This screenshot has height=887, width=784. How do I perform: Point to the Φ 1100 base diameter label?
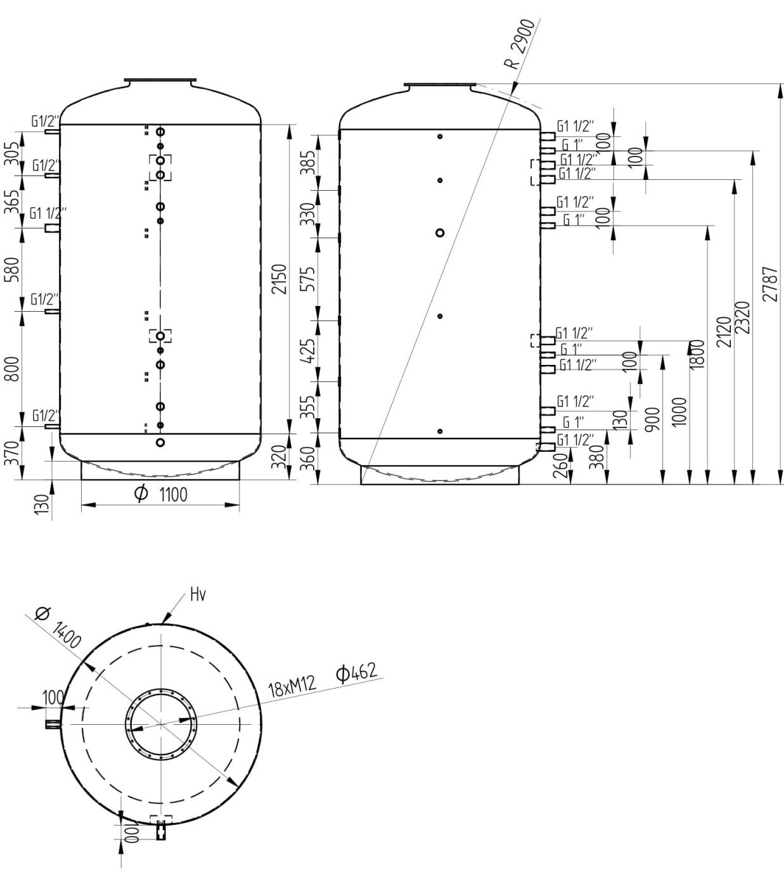coord(162,494)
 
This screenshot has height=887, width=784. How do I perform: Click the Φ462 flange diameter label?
coord(356,672)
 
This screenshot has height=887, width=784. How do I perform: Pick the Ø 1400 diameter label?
coord(58,628)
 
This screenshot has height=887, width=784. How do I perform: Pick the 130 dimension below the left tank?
coord(42,505)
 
